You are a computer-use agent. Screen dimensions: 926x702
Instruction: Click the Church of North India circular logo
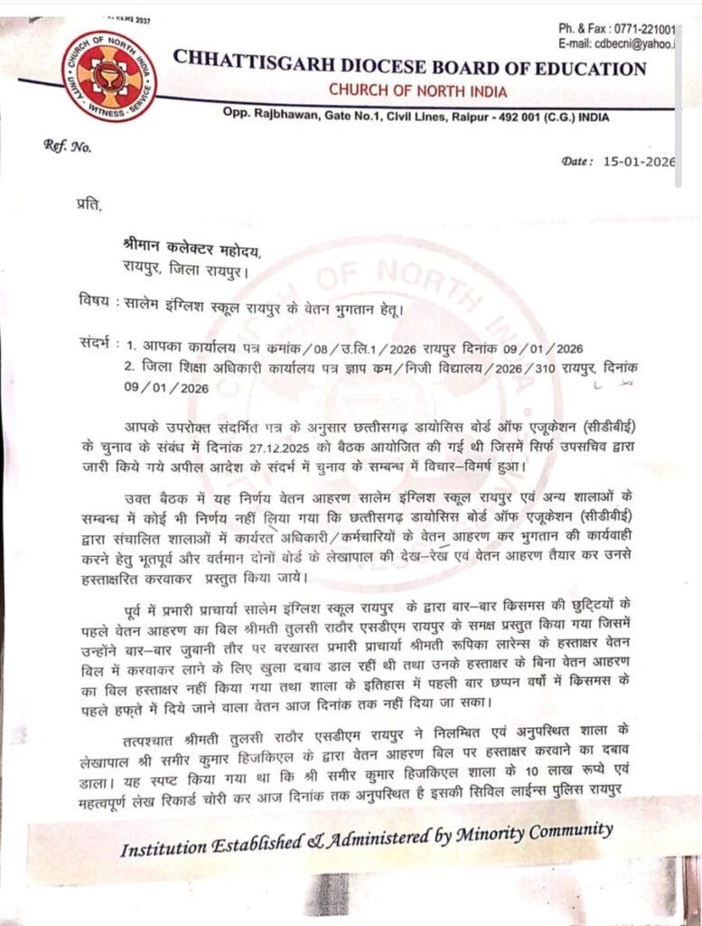point(108,76)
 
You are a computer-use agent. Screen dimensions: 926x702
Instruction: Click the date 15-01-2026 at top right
point(643,163)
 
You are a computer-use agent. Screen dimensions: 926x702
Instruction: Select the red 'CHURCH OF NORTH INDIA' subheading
point(417,90)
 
